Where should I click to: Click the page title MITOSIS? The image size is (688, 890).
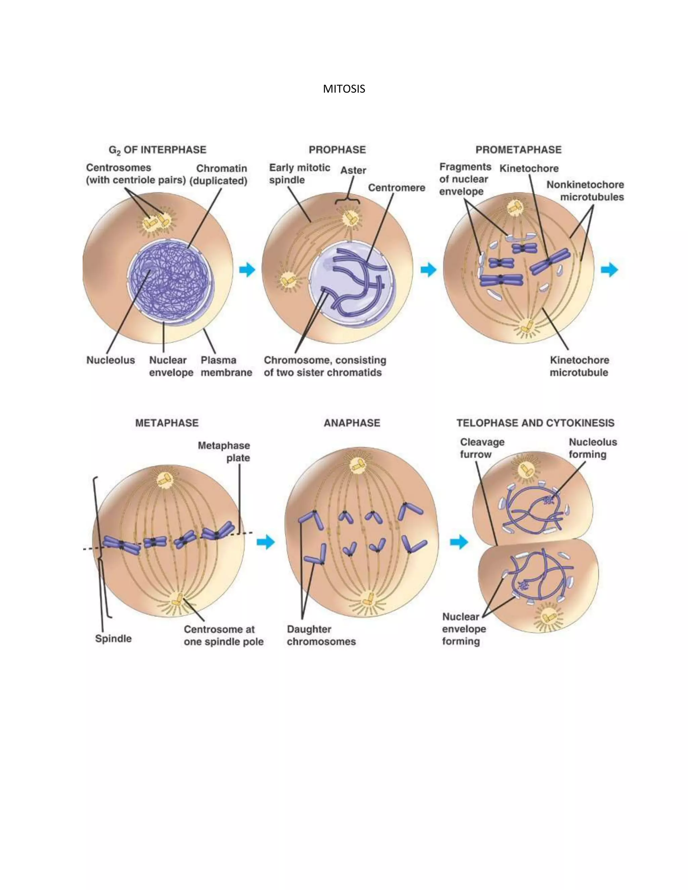(x=344, y=89)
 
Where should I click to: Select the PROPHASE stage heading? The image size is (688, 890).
(x=337, y=150)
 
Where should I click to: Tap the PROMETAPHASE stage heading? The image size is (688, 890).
(x=518, y=150)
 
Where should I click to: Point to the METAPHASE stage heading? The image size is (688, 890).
(x=167, y=423)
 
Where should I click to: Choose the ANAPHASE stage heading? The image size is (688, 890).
(x=352, y=423)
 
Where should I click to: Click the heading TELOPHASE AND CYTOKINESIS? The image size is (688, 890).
(x=535, y=423)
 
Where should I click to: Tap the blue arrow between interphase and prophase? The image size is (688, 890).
(x=247, y=269)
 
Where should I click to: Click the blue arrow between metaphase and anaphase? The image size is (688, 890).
(x=266, y=542)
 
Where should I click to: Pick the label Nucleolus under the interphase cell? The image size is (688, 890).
(x=111, y=360)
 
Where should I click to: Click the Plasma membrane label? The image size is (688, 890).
(x=226, y=366)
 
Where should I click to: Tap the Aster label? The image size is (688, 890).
(x=353, y=170)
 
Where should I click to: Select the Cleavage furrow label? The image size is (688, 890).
(x=482, y=448)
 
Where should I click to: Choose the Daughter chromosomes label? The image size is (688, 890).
(x=321, y=635)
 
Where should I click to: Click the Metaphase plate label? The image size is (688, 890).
(x=224, y=451)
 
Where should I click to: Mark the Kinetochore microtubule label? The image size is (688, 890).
(x=579, y=366)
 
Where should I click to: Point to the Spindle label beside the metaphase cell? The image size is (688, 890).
(x=113, y=638)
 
